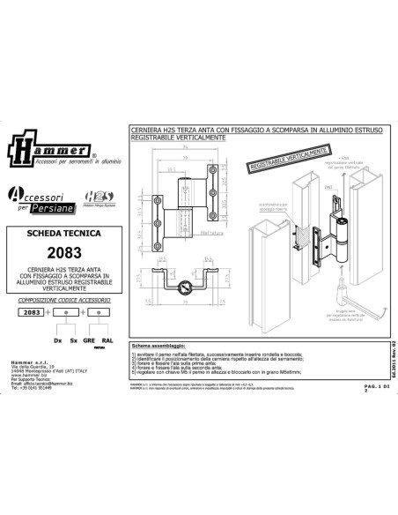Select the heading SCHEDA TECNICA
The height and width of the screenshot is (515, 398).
61,235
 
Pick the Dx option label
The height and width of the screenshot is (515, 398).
58,339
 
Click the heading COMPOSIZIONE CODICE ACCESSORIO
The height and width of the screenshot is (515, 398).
61,301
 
